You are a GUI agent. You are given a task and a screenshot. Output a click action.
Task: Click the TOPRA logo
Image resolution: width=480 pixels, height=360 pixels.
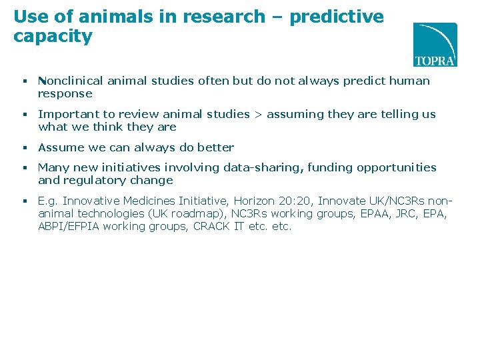[435, 45]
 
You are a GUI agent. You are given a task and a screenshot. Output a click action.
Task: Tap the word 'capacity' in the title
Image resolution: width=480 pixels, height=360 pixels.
[53, 36]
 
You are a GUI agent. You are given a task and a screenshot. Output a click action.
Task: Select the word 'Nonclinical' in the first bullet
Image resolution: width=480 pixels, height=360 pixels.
[70, 81]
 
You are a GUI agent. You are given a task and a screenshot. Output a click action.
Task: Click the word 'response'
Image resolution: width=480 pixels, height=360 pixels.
[65, 93]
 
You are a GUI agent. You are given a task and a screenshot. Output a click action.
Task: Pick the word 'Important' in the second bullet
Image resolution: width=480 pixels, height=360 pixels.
[65, 114]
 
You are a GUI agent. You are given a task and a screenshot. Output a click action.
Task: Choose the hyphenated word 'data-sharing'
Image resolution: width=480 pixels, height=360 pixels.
[269, 167]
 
